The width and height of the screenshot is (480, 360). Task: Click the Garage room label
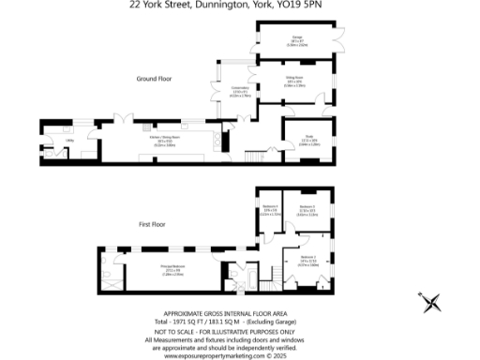pos(296,40)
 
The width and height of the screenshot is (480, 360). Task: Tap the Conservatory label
pos(226,93)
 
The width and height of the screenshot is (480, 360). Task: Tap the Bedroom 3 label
pos(307,209)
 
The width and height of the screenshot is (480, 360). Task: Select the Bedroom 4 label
pos(271,211)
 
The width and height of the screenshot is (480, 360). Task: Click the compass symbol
pos(431,302)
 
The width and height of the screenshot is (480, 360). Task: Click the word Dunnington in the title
pos(217,5)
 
